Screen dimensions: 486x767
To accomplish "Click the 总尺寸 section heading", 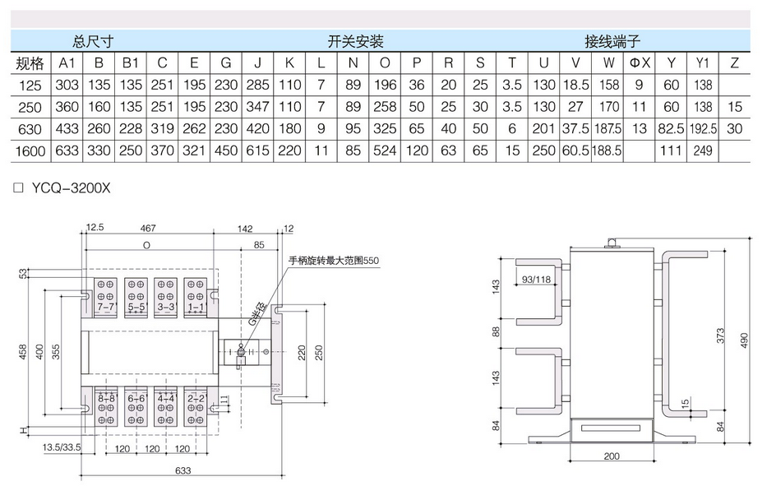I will [92, 40].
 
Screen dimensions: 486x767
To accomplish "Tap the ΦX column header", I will [640, 62].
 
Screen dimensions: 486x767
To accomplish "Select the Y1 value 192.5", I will [701, 128].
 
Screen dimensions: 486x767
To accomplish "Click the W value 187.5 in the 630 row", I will [608, 128].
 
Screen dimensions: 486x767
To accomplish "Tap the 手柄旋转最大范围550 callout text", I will [339, 261].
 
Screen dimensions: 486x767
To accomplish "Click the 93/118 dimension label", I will [536, 280].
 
